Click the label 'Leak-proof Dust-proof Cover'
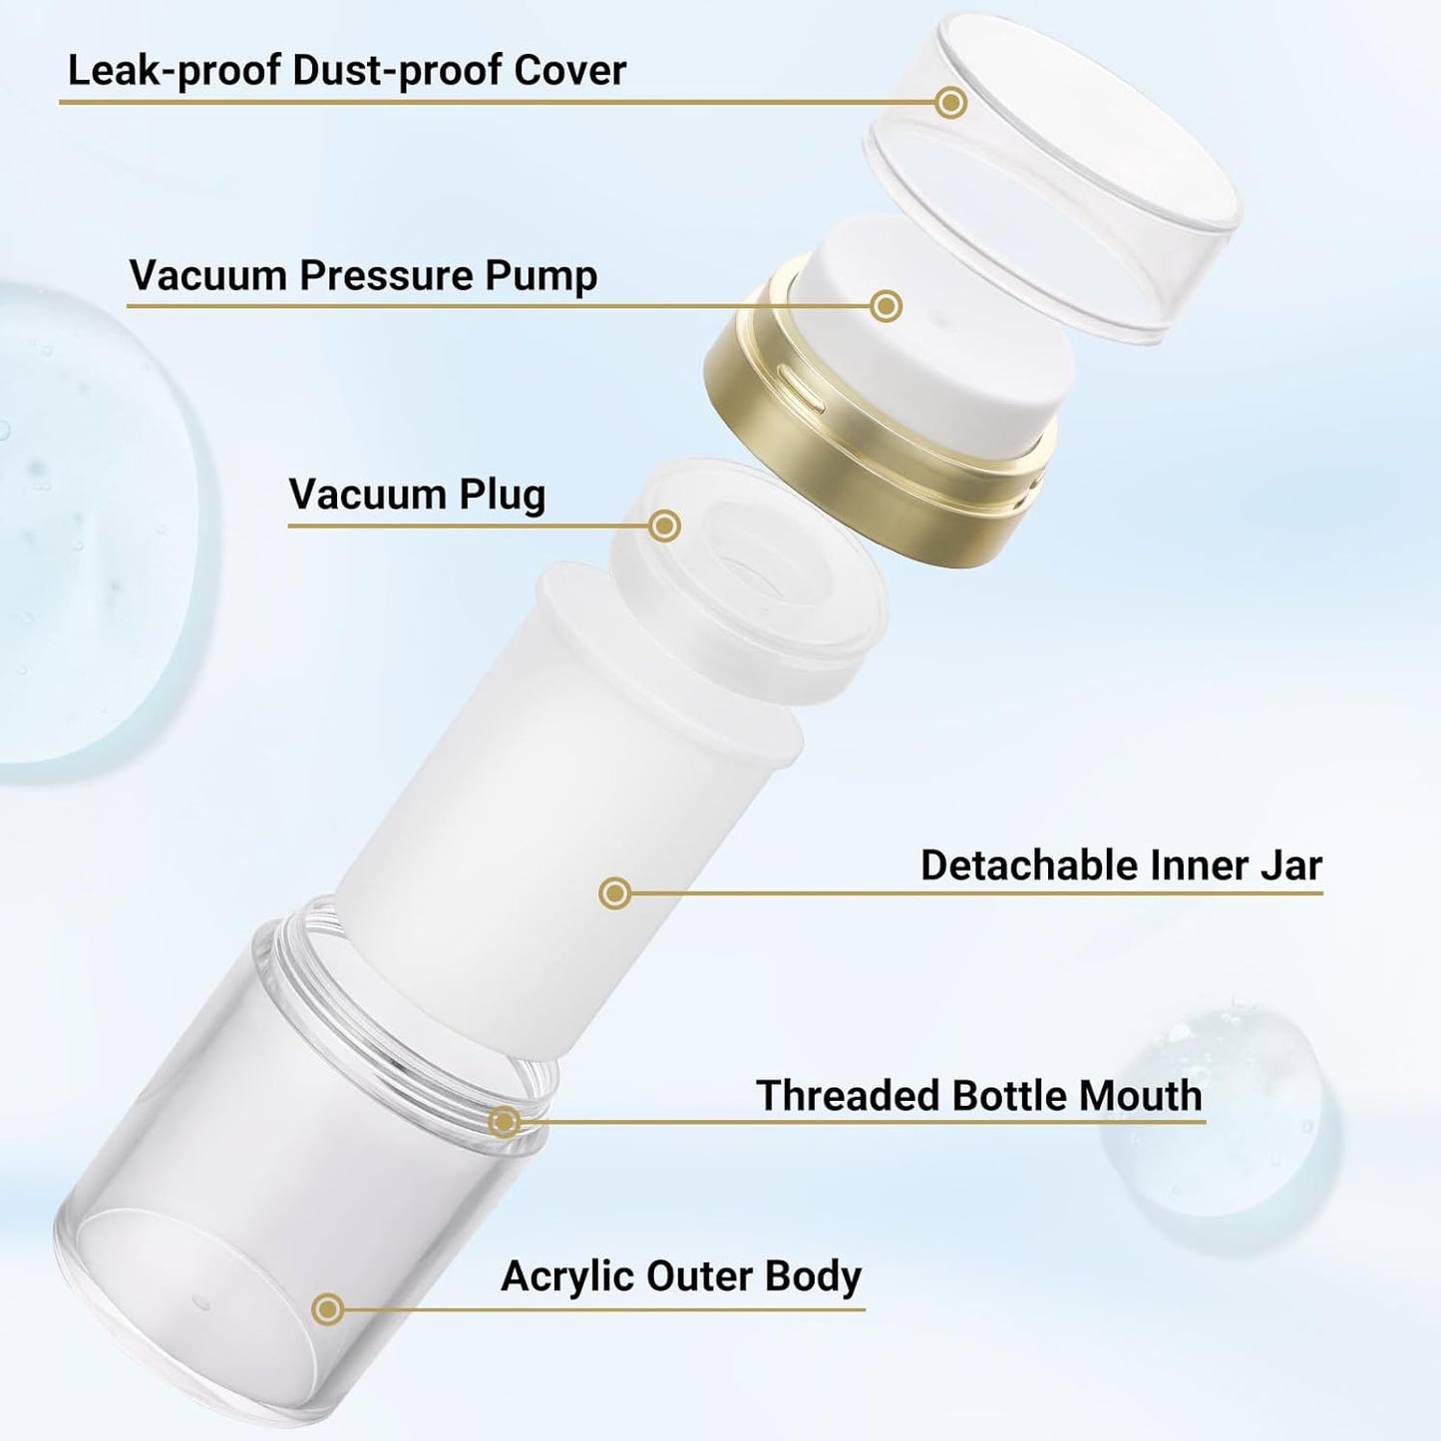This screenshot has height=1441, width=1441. point(346,71)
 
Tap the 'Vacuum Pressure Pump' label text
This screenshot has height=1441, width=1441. point(363,276)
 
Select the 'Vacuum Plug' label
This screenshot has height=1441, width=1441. point(417,495)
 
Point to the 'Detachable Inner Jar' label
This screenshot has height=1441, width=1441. point(1121,866)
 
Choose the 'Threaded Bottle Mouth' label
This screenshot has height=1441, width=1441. point(979,1096)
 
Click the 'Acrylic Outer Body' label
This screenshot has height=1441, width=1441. point(681,1276)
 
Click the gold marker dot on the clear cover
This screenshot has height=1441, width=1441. point(951,102)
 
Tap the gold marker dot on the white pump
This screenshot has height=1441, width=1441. point(886,306)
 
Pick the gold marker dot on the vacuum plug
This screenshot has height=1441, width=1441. point(664,526)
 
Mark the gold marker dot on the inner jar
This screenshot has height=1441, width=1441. point(615,893)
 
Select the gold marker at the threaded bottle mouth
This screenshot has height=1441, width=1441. point(505,1122)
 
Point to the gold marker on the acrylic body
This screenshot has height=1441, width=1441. point(327,1309)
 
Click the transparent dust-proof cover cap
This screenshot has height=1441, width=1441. point(1057,180)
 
